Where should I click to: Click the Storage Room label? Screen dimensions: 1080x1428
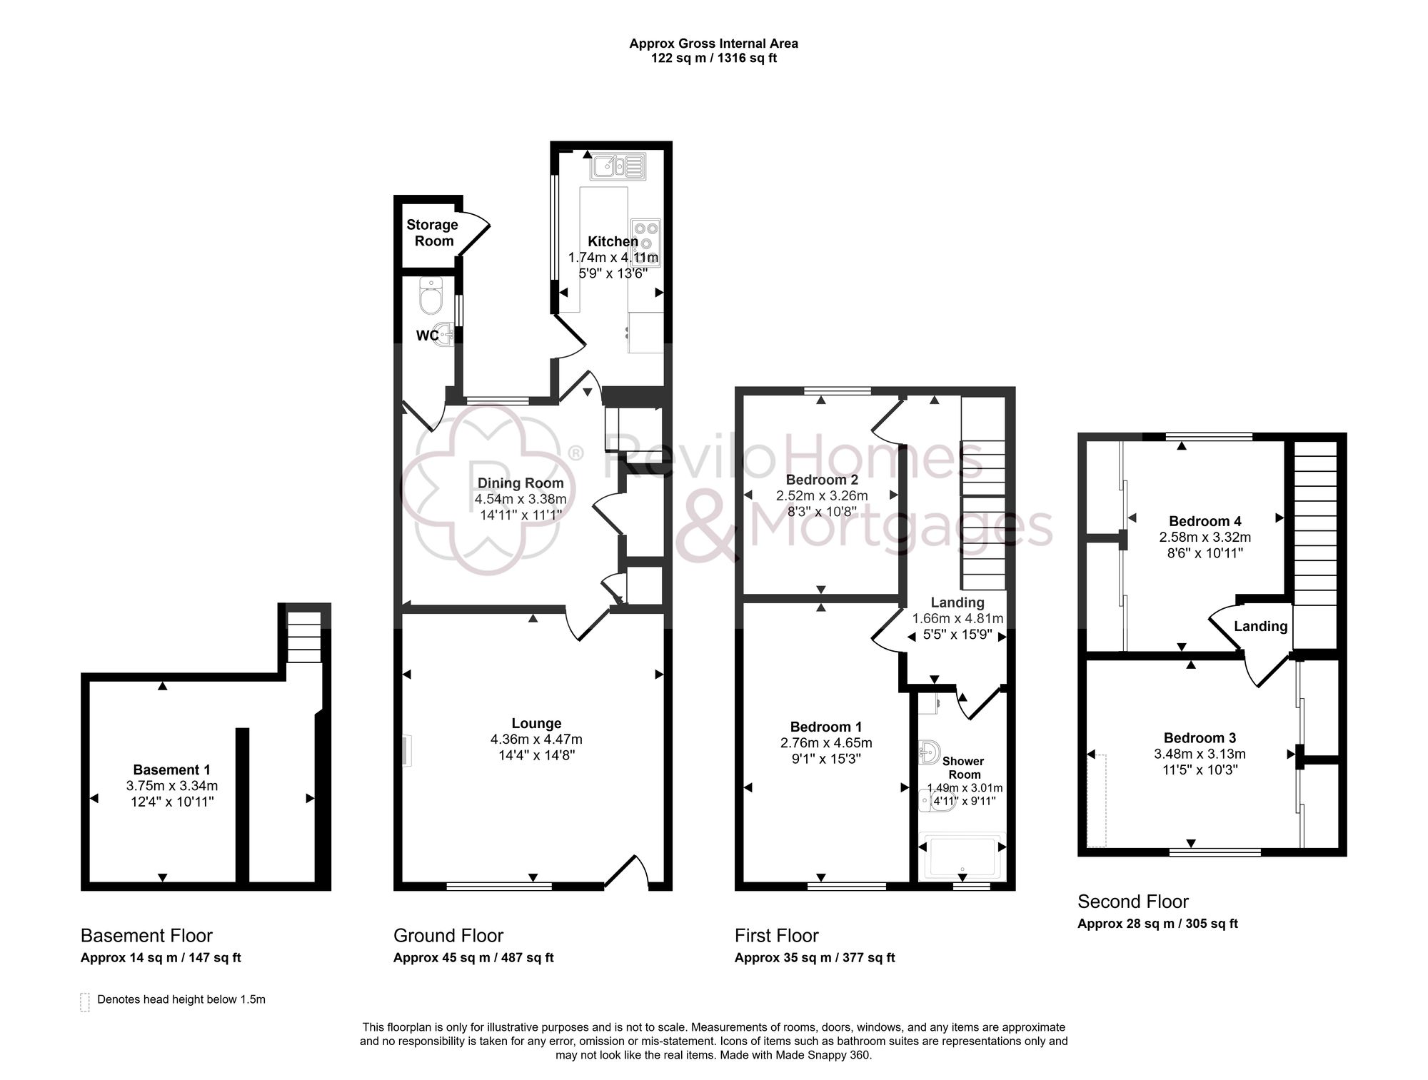433,233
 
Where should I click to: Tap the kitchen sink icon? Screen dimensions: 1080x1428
618,166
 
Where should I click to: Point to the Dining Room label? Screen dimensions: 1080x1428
521,483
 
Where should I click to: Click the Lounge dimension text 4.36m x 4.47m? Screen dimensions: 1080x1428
536,740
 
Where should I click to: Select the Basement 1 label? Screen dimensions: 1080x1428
171,769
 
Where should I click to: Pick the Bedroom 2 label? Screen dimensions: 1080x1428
822,480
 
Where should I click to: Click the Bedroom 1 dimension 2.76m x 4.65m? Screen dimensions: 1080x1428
826,743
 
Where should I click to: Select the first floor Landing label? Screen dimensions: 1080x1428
957,602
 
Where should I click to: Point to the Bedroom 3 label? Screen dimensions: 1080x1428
1200,738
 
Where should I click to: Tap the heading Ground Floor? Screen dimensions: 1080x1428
448,936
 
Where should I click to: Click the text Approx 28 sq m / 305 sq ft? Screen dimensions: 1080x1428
1157,924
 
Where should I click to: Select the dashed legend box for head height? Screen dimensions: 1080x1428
85,1001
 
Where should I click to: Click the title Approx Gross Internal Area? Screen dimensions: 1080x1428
713,44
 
